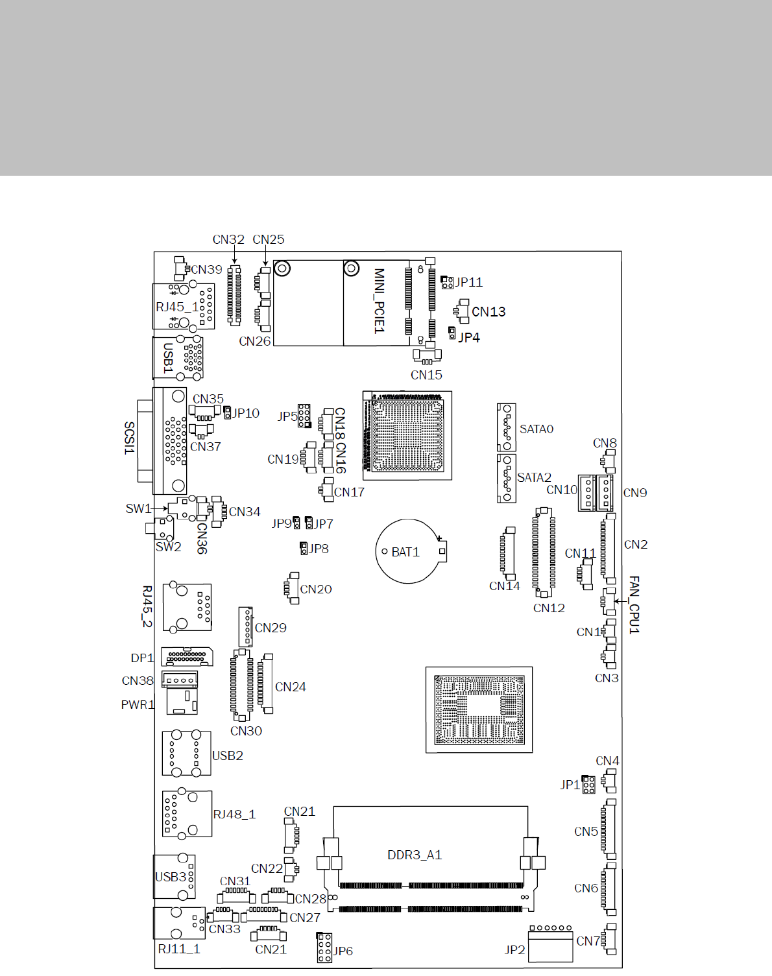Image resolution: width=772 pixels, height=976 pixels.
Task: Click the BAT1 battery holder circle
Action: pos(409,551)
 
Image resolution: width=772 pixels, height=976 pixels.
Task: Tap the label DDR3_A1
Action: pos(415,855)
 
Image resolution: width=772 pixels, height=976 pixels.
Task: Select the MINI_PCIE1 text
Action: pos(380,301)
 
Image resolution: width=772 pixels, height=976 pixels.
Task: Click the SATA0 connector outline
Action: pos(506,427)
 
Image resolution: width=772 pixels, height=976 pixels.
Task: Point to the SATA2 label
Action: pos(534,477)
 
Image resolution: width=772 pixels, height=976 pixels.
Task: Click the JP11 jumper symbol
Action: pos(447,282)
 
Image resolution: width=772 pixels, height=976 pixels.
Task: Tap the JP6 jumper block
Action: pos(324,947)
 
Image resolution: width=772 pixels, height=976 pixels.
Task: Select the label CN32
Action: pos(228,239)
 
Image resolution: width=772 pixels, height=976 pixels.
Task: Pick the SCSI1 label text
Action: pos(130,438)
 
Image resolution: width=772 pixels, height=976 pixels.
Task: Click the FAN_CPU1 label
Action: pos(634,604)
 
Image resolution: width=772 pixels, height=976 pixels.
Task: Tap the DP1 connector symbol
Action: pos(187,657)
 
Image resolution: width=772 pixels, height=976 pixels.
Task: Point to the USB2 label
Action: pos(228,756)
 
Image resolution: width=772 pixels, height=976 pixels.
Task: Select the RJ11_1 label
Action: pos(179,949)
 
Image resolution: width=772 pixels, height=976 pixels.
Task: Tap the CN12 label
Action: pos(549,608)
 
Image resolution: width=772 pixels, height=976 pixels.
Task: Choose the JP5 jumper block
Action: pos(304,415)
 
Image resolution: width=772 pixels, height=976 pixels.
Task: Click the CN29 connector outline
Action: pos(245,626)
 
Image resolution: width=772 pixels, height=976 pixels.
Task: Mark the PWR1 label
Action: pos(138,704)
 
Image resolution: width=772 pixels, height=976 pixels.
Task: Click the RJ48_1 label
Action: pos(234,814)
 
